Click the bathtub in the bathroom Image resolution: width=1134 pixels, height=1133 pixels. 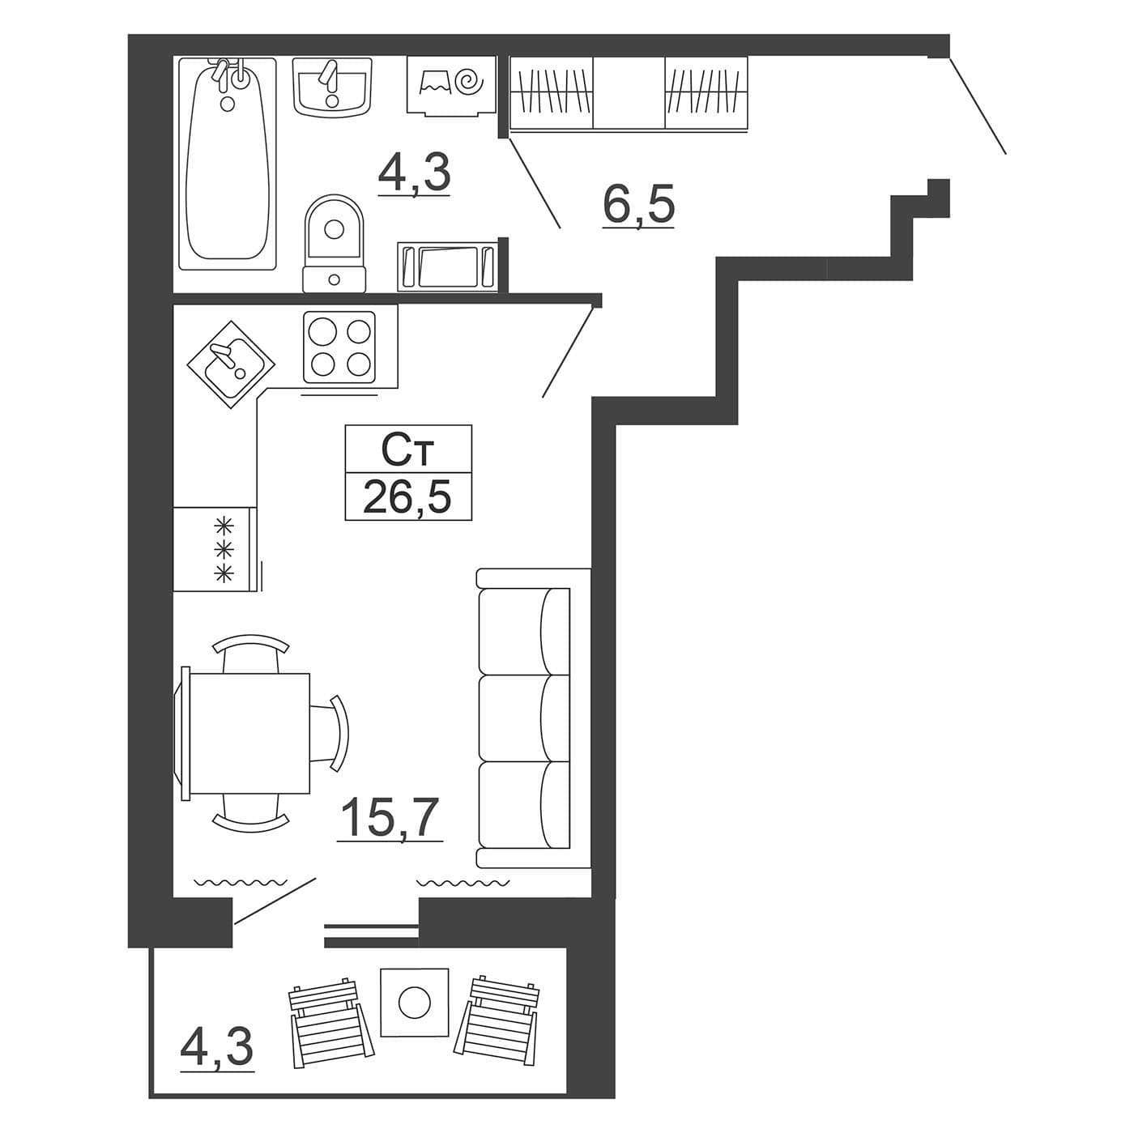(227, 164)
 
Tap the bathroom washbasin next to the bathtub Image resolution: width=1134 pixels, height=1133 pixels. (332, 86)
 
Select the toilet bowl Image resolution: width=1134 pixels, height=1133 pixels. (335, 243)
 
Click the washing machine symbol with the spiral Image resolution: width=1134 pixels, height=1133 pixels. (451, 85)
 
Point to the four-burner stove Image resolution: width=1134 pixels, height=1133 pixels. (339, 347)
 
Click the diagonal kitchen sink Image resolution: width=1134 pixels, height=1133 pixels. (232, 364)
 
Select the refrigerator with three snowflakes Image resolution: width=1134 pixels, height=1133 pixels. (215, 548)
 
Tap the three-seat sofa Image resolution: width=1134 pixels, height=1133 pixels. (532, 718)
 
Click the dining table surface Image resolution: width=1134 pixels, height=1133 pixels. (250, 734)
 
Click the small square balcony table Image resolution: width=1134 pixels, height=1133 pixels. (414, 1003)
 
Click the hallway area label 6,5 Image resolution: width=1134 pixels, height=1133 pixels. (638, 203)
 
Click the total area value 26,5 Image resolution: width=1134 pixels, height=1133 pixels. (407, 496)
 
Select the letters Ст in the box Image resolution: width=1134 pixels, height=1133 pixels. (407, 452)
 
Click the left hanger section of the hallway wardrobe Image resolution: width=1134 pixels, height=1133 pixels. (551, 92)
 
